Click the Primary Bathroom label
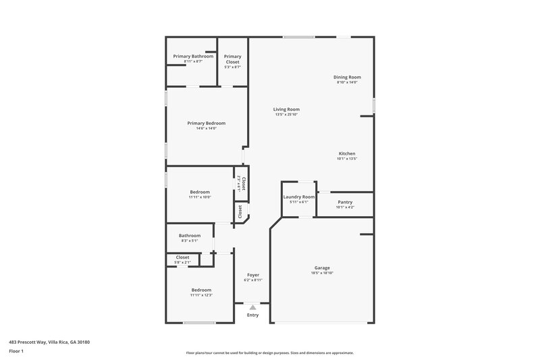(193, 56)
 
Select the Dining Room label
(347, 77)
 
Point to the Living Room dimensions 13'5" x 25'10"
(286, 115)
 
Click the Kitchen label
(346, 153)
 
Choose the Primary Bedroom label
(206, 123)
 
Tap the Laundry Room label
(298, 197)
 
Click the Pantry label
(344, 202)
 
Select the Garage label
(322, 267)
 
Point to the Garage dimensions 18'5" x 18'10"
(322, 273)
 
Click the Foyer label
(253, 274)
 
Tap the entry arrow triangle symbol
(252, 307)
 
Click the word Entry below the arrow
(252, 315)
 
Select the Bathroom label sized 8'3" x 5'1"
(190, 235)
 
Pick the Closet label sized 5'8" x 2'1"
(182, 257)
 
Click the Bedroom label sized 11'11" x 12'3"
(200, 290)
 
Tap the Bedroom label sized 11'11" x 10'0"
(200, 192)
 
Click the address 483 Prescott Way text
(49, 342)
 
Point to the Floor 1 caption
(16, 351)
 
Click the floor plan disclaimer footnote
(269, 353)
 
